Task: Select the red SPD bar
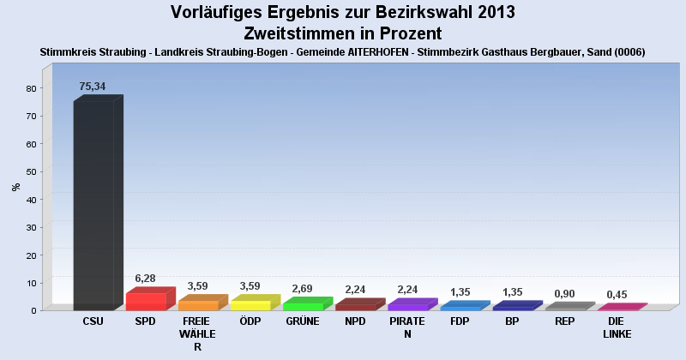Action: pos(146,301)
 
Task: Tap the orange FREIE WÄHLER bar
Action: pos(198,304)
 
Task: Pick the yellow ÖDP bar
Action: pos(250,304)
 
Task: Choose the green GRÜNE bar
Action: pos(303,305)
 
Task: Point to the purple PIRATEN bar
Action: pos(408,306)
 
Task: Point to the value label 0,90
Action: pos(564,293)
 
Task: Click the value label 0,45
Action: pos(617,295)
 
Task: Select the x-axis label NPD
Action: pos(355,321)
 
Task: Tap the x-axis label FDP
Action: pos(460,321)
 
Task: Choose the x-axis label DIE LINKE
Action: pos(617,327)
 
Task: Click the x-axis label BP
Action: pos(513,321)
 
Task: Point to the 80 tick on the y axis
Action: pos(31,88)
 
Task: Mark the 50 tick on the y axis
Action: pos(31,171)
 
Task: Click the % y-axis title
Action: pos(15,186)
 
